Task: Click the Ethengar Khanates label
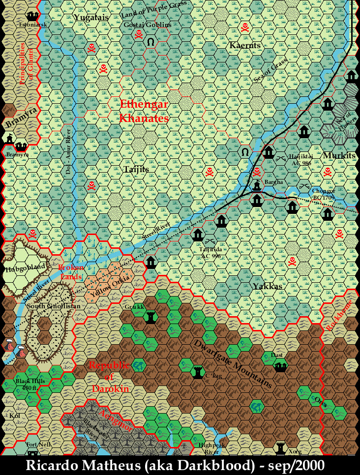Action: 144,111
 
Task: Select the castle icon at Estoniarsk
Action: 32,16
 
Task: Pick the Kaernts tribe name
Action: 244,45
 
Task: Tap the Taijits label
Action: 136,169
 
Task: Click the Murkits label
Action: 337,156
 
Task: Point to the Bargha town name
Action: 273,182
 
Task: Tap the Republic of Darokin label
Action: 109,376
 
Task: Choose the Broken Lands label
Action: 71,271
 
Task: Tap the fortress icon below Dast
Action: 280,366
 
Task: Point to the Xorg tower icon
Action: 281,448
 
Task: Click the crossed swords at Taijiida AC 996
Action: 210,241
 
